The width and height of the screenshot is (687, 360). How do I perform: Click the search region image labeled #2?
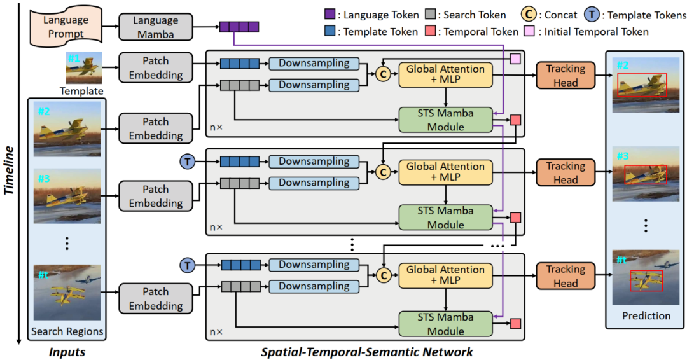pyautogui.click(x=67, y=130)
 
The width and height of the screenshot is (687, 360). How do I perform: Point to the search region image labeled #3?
pyautogui.click(x=67, y=195)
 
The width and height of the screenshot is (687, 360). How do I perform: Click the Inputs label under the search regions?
pyautogui.click(x=67, y=352)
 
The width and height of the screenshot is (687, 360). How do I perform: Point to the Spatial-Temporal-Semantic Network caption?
pyautogui.click(x=367, y=352)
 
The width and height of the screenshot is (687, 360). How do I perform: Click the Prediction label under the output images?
pyautogui.click(x=646, y=315)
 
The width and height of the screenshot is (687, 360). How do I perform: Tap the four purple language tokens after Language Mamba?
pyautogui.click(x=239, y=27)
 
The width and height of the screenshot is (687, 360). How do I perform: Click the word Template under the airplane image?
pyautogui.click(x=81, y=91)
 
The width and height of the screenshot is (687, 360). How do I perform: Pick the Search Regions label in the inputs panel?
pyautogui.click(x=67, y=331)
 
